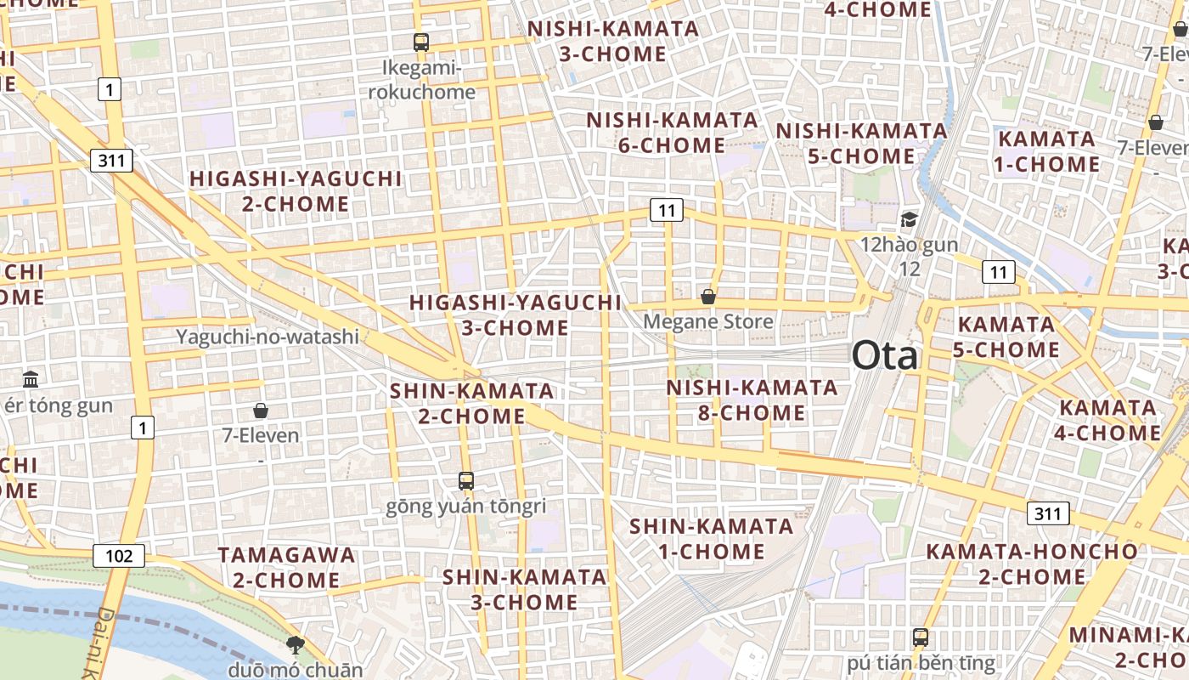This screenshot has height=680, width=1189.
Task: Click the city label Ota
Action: pos(884,355)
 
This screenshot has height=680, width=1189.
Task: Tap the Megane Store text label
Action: pos(707,321)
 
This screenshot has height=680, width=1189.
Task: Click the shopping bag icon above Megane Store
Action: pos(708,297)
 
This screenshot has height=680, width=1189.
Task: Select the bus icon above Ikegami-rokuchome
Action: pos(420,42)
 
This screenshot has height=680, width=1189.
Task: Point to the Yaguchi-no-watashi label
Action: pos(268,337)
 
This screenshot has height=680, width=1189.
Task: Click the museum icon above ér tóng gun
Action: pos(31,379)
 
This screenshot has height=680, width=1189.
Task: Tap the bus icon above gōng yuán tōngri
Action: pos(465,481)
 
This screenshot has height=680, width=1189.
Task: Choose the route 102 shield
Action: pos(119,556)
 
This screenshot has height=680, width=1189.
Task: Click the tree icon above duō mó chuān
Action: pos(295,644)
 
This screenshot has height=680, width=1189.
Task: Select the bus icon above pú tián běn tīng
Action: pos(920,637)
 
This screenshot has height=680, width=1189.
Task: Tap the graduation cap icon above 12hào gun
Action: pos(909,220)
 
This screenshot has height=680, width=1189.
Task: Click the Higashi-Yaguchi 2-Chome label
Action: pos(295,191)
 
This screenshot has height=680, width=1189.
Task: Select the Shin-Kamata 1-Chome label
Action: pos(712,539)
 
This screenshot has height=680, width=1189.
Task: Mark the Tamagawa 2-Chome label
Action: pos(286,568)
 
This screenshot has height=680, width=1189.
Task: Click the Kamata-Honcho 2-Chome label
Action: pos(1031,564)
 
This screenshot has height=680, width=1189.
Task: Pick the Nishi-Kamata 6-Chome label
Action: pos(672,133)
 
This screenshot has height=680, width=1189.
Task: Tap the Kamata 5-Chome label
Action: pos(1006,337)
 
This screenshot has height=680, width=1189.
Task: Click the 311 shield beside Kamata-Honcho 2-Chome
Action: pos(1048,513)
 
